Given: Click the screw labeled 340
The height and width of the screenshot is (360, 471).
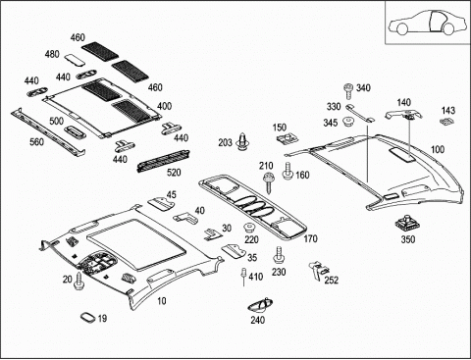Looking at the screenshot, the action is coord(348,91).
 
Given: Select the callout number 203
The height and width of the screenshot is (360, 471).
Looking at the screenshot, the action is coord(226,143).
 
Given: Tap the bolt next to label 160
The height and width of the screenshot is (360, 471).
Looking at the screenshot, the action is coord(288,171).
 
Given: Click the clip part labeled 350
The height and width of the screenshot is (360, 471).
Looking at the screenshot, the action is coord(407,224).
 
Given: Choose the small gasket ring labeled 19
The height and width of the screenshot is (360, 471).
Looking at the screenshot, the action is coord(87,317).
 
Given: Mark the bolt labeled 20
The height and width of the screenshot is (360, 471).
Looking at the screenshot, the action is coord(78,281).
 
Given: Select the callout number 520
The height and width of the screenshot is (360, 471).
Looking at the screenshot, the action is coord(174,173).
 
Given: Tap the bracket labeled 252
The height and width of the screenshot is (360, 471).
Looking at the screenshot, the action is coord(318,270).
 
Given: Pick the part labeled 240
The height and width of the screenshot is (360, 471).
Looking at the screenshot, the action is coord(261,306).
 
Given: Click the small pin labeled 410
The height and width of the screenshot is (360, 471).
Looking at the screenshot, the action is coord(243,276).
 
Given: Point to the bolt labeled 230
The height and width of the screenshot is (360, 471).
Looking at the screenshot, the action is coord(279,255).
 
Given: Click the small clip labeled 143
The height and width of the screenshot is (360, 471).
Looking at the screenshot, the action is coord(446,121).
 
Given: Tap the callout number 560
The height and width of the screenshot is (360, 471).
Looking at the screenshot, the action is coord(36,142).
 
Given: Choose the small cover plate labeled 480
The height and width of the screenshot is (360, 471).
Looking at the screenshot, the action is coord(75,60).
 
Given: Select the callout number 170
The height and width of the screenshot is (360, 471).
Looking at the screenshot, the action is coord(310,239).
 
